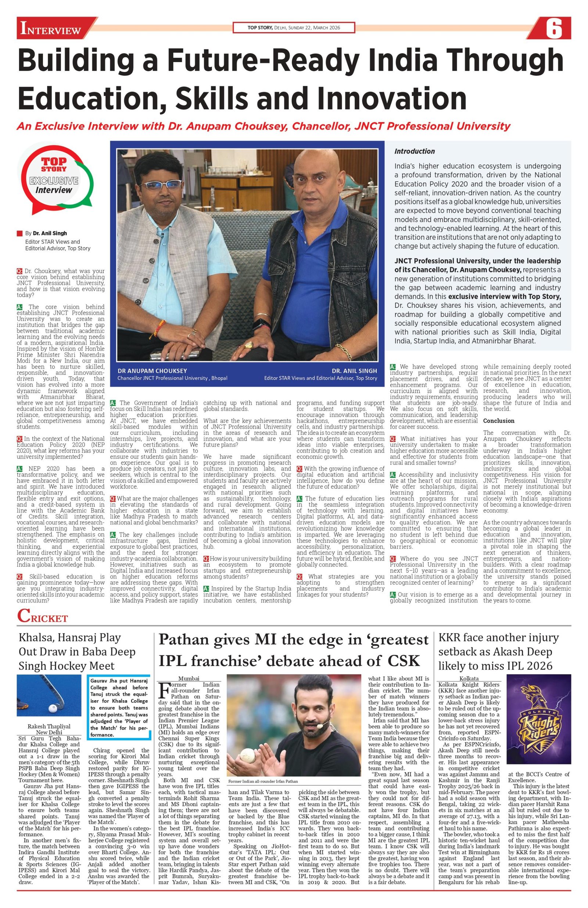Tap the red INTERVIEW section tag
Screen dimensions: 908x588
coord(51,29)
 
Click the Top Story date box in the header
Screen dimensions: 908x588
coord(294,28)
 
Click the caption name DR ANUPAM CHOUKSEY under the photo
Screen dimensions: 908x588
coord(147,370)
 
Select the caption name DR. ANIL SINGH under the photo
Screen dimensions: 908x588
coord(354,370)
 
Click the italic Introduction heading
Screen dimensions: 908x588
coord(415,151)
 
